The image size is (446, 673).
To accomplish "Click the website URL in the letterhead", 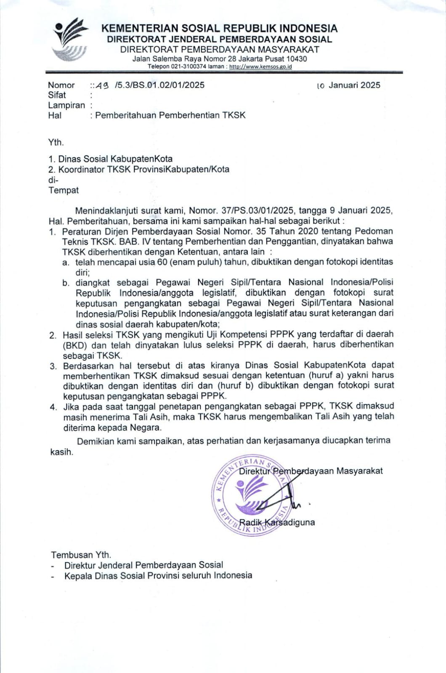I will pyautogui.click(x=260, y=67).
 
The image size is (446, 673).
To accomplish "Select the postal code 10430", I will pyautogui.click(x=297, y=59).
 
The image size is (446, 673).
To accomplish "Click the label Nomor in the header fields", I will pyautogui.click(x=61, y=85).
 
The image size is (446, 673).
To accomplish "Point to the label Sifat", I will pyautogui.click(x=57, y=95).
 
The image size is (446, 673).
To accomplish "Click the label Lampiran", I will pyautogui.click(x=66, y=105).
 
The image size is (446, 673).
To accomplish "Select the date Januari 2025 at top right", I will pyautogui.click(x=354, y=85).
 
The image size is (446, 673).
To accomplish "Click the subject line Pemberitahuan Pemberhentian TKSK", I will pyautogui.click(x=170, y=115).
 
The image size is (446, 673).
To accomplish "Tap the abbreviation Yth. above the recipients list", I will pyautogui.click(x=56, y=142).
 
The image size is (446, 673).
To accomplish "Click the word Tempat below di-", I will pyautogui.click(x=63, y=190).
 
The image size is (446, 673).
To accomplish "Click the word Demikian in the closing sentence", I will pyautogui.click(x=96, y=441).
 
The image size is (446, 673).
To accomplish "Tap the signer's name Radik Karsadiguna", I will pyautogui.click(x=276, y=522).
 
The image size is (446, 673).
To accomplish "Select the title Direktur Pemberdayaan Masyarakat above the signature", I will pyautogui.click(x=311, y=471).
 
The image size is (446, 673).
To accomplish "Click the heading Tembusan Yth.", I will pyautogui.click(x=81, y=555).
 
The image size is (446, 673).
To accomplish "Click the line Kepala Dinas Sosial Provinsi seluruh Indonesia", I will pyautogui.click(x=158, y=575).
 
